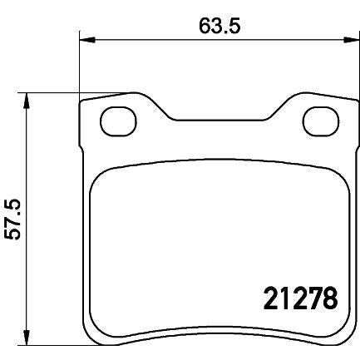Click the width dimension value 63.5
[x=219, y=24]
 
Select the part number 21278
[x=294, y=296]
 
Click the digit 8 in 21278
[x=329, y=296]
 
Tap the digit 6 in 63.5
[x=205, y=24]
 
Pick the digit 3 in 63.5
[x=216, y=24]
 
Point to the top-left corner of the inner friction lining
[x=101, y=172]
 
